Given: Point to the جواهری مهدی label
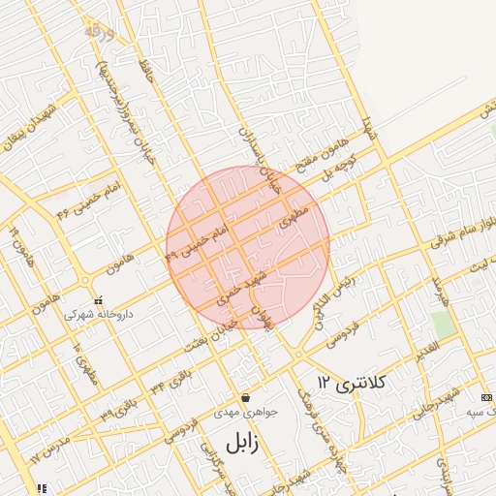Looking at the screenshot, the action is click(251, 411).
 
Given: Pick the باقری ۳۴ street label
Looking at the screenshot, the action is click(171, 378).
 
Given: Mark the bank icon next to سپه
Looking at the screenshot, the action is click(485, 397).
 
